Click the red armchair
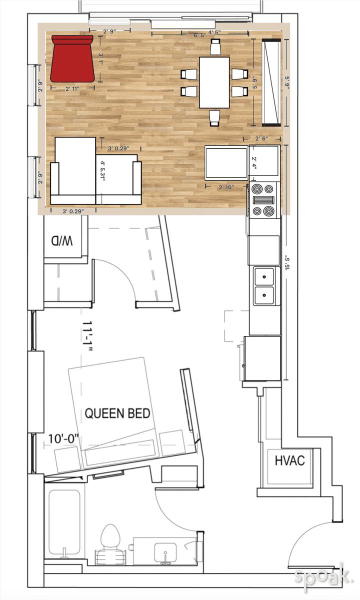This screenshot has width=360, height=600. pos(73,58)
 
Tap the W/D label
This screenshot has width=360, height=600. pos(61,241)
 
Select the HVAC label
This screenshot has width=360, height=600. pos(289,460)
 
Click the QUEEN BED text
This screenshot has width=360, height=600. pos(117,413)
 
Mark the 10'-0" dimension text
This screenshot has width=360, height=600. pos(64,438)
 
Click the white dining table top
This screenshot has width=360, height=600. pos(214,82)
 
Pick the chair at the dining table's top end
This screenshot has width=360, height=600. pos(215,47)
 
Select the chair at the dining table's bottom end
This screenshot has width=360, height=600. pos(214,118)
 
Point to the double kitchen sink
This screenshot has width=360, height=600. pos(264,285)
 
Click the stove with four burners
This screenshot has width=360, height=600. pos(263,200)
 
